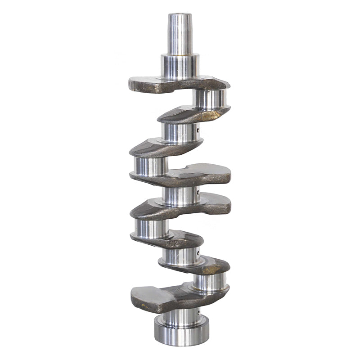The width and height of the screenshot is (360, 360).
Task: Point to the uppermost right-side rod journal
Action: pyautogui.click(x=210, y=99)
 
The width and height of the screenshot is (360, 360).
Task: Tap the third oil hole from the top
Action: pyautogui.click(x=198, y=255)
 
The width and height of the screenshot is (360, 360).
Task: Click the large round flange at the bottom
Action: pyautogui.click(x=181, y=330)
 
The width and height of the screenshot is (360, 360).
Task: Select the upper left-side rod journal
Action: pyautogui.click(x=151, y=166)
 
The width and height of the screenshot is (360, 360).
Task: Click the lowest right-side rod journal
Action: pyautogui.click(x=210, y=282)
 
